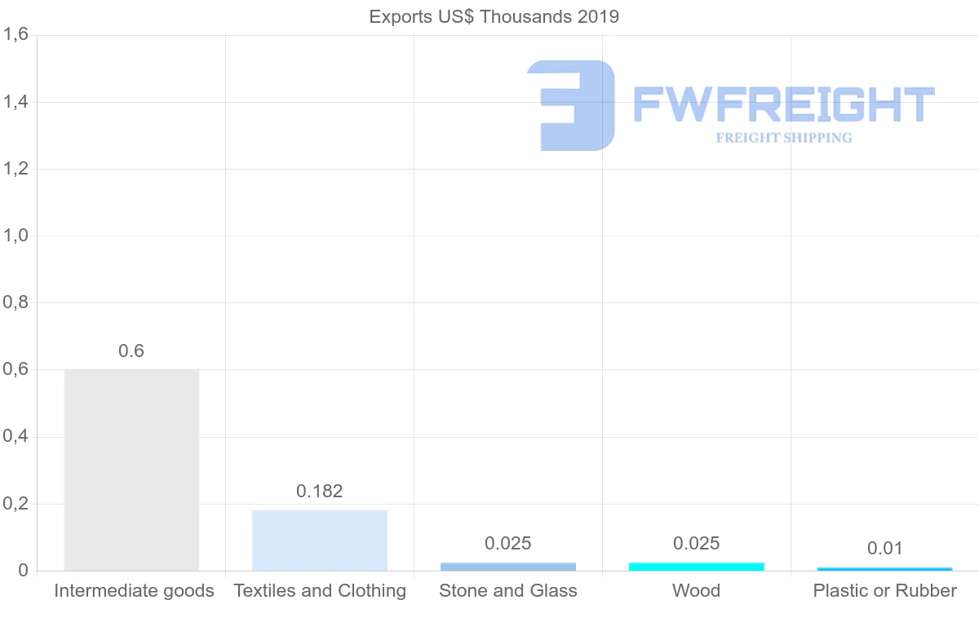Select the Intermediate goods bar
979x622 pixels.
pos(131,470)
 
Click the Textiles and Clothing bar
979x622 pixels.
pos(320,540)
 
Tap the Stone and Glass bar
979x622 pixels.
pos(508,566)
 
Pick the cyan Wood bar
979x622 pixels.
pos(697,566)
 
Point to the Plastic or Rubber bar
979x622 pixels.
pos(884,568)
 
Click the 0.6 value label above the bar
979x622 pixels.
pos(131,351)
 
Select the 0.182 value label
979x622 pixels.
pos(320,492)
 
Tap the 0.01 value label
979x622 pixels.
pos(884,549)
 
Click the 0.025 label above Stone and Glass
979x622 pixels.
pos(508,544)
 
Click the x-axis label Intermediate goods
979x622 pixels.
pos(134,591)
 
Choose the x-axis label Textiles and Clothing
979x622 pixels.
pos(320,591)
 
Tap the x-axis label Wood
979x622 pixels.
pos(697,591)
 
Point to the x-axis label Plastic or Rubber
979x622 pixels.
pos(884,591)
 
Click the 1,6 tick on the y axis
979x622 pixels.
pos(16,35)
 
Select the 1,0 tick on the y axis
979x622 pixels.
pos(16,236)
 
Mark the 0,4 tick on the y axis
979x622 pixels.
pos(16,437)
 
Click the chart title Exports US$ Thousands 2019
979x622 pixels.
pos(494,17)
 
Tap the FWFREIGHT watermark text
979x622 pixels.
pos(783,104)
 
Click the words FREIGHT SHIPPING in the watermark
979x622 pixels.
pos(783,138)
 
